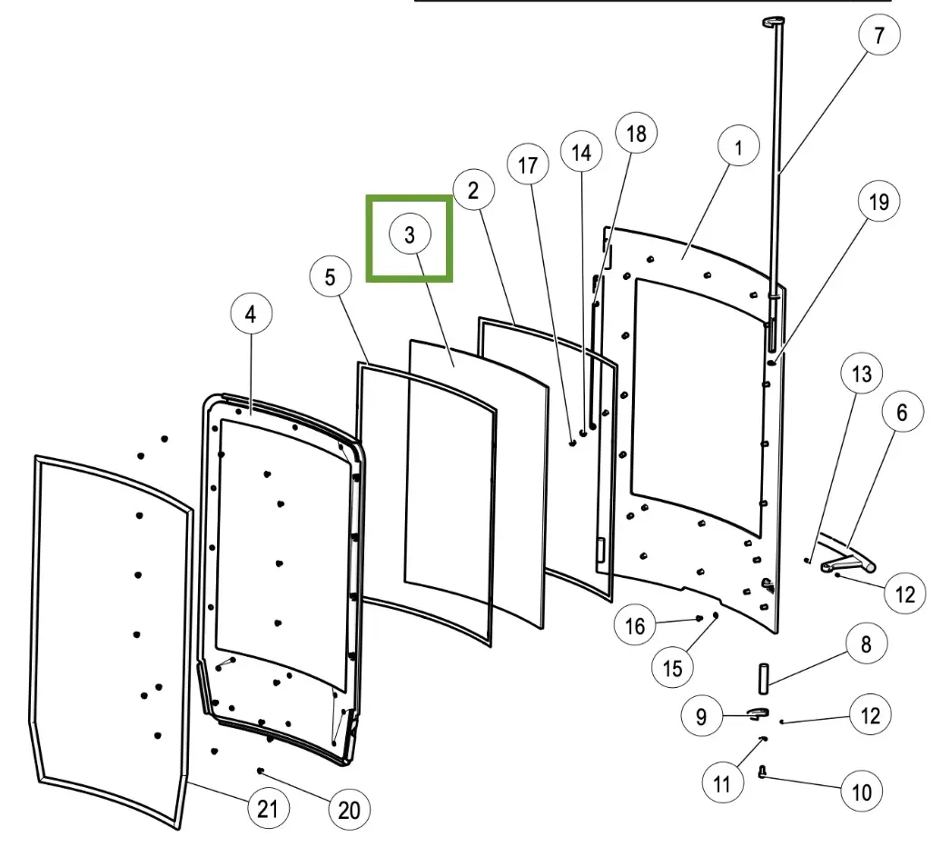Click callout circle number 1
[x=738, y=147]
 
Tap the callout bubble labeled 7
[x=878, y=36]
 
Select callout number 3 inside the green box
[x=410, y=235]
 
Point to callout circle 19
[x=878, y=202]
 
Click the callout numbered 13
[x=861, y=374]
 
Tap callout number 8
[x=866, y=644]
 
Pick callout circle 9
[x=701, y=716]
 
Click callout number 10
[x=861, y=792]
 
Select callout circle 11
[x=722, y=783]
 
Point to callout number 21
[x=267, y=809]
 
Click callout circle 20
[x=349, y=810]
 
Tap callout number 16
[x=635, y=625]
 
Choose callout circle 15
[x=672, y=668]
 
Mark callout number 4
[x=251, y=314]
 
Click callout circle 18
[x=636, y=134]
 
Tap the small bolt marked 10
[x=762, y=772]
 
